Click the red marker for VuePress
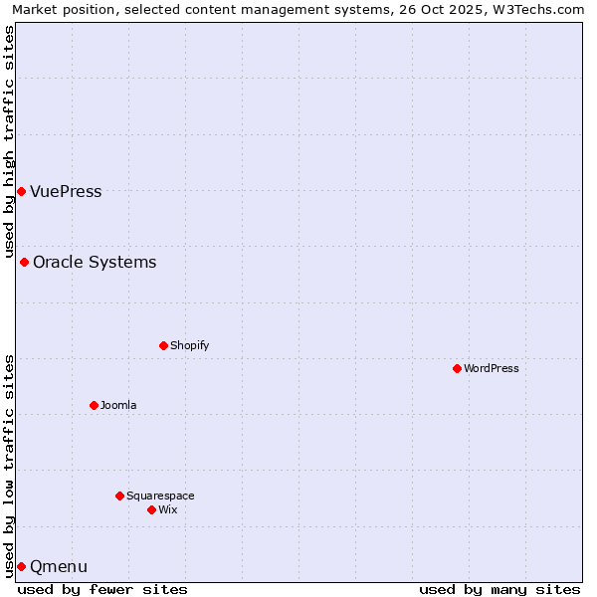coord(21,191)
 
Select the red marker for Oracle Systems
coord(24,262)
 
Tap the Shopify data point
coord(163,345)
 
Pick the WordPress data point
coord(457,368)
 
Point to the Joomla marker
coord(94,405)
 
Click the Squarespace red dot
coord(119,496)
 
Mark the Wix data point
coord(151,509)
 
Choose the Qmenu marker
coord(21,566)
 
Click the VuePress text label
coord(66,192)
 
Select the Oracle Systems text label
coord(95,263)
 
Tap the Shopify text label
coord(189,346)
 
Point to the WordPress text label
coord(491,369)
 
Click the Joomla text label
coord(118,406)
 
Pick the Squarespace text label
coord(160,497)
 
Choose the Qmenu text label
coord(59,567)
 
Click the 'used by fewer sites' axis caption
coord(102,589)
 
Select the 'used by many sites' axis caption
coord(499,589)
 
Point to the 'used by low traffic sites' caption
coord(9,465)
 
